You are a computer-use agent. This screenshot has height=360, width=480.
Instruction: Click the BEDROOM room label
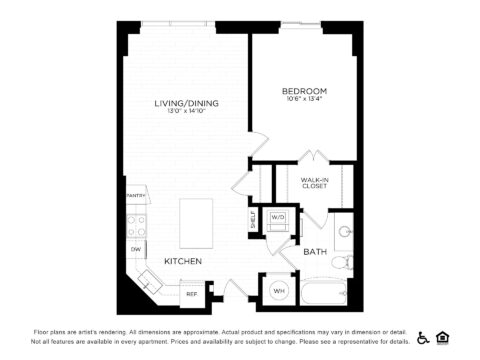(304, 92)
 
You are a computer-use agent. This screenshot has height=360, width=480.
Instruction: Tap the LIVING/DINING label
(187, 104)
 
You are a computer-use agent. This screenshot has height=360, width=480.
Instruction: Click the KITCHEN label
(184, 261)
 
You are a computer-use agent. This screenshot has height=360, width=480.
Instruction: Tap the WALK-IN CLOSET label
(315, 183)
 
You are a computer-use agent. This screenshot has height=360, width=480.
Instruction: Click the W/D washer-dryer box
(278, 217)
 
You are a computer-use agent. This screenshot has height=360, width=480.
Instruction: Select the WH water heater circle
(279, 291)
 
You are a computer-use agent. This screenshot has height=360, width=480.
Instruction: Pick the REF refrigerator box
(191, 293)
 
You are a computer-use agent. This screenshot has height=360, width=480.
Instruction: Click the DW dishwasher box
(135, 249)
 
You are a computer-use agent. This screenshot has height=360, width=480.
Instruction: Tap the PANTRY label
(136, 195)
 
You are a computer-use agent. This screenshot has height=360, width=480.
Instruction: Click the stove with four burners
(136, 224)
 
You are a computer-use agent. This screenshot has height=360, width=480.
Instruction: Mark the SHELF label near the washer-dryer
(252, 219)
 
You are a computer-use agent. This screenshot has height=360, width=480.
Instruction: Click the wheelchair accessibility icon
(424, 337)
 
